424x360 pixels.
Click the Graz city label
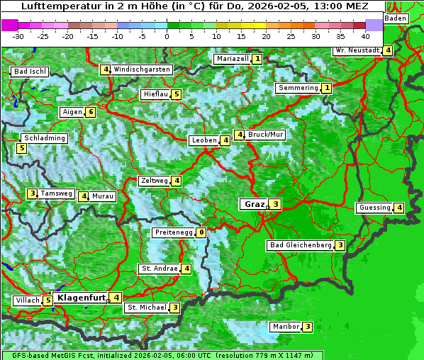[x=253, y=204]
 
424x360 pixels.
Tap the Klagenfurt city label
[x=80, y=298]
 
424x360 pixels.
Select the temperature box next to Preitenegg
[x=202, y=232]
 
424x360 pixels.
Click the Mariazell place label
[x=232, y=59]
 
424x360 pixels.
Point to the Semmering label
[x=298, y=88]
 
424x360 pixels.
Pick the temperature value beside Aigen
[x=91, y=112]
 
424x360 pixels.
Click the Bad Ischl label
[x=30, y=72]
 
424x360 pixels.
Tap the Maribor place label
[x=285, y=327]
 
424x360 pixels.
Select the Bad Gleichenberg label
[x=300, y=245]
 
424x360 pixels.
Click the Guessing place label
[x=374, y=208]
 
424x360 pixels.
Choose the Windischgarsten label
[x=142, y=69]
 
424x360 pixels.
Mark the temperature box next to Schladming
[x=22, y=148]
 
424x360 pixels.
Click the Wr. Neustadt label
[x=357, y=50]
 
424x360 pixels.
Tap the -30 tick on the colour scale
[x=18, y=35]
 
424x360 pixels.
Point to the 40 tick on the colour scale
[x=365, y=35]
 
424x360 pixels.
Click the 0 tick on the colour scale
[x=167, y=35]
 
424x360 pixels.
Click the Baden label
[x=396, y=18]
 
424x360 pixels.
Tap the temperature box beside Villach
[x=48, y=300]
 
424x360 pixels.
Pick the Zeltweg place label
[x=154, y=181]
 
